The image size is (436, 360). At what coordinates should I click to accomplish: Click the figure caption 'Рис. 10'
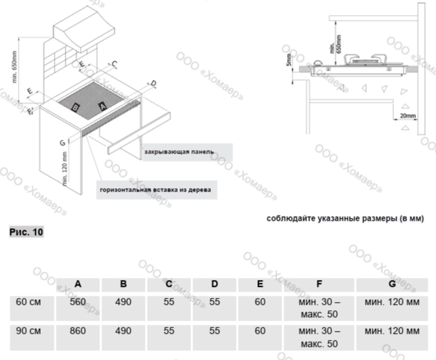tap(26, 232)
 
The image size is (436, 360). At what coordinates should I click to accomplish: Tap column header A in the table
tap(78, 284)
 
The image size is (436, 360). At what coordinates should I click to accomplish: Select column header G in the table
tap(391, 284)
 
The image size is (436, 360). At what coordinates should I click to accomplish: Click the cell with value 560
tap(78, 302)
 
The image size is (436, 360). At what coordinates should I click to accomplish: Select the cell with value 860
tap(78, 331)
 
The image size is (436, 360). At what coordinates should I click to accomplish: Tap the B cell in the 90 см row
tap(123, 331)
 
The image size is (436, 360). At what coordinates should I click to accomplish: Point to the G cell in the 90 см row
tap(391, 331)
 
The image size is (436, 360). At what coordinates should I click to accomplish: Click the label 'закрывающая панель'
tap(179, 151)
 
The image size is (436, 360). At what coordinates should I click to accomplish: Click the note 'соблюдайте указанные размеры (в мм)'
tap(345, 218)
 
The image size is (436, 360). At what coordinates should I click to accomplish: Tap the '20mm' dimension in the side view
tap(408, 117)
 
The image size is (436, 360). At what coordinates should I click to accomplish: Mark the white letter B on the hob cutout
tap(76, 107)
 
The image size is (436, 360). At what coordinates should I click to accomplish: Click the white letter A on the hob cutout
tap(101, 106)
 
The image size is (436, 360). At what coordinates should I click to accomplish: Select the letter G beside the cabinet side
tap(63, 142)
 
